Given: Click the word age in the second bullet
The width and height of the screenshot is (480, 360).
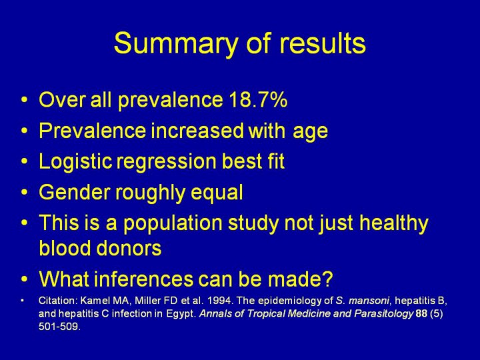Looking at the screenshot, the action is [310, 132].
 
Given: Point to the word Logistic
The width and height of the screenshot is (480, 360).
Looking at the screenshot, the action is [75, 161].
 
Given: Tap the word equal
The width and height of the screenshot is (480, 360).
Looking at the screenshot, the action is [217, 193].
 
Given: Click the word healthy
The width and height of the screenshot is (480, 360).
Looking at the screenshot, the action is [394, 223].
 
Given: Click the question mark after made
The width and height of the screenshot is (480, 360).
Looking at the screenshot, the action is [327, 278].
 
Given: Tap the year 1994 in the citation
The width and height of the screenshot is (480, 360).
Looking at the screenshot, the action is [219, 301].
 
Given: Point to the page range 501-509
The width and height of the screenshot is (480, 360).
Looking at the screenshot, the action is [59, 327].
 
